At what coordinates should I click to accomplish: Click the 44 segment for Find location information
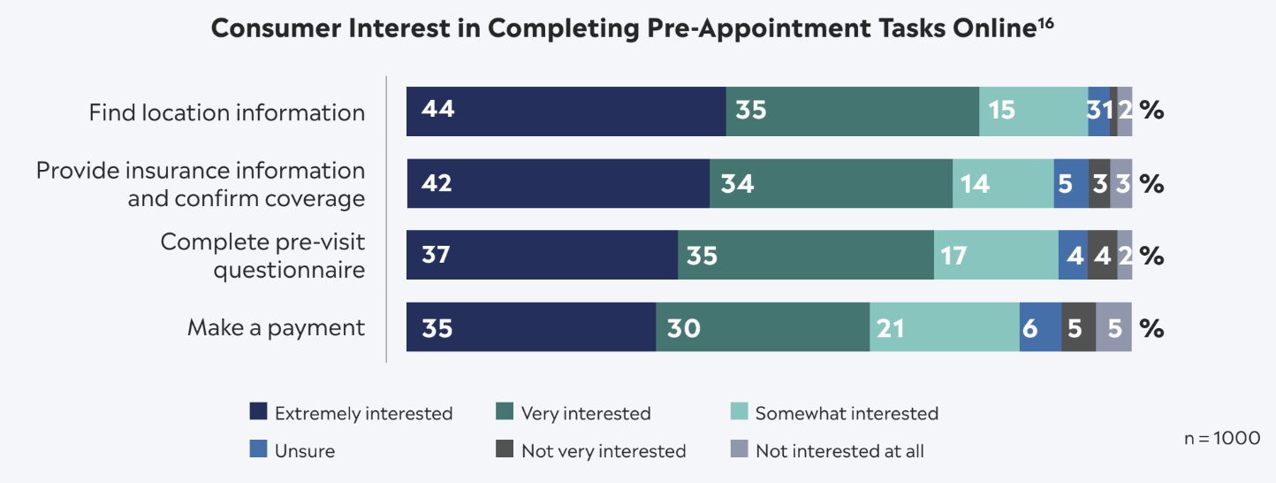[x=566, y=111]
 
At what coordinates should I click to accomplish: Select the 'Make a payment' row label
[x=276, y=327]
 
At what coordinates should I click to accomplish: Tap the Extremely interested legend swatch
[x=258, y=412]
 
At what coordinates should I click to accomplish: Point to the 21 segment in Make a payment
[x=944, y=327]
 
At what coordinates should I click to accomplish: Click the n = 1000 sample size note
[x=1221, y=438]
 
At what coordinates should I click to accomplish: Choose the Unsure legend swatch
[x=258, y=450]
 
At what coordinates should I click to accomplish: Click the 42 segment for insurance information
[x=558, y=184]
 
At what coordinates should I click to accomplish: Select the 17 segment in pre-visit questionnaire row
[x=996, y=256]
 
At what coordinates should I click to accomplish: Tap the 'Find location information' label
[x=226, y=112]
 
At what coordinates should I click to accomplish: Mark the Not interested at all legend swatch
[x=740, y=450]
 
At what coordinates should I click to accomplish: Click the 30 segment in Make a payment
[x=763, y=327]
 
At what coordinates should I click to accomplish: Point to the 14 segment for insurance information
[x=1003, y=184]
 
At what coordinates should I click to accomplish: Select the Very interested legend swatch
[x=505, y=412]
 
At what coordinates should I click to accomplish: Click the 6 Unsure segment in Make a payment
[x=1040, y=327]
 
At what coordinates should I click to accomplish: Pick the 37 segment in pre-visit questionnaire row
[x=542, y=256]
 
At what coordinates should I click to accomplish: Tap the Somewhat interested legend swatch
[x=740, y=412]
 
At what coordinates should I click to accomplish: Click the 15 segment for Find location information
[x=1033, y=111]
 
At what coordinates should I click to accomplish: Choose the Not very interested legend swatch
[x=505, y=450]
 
